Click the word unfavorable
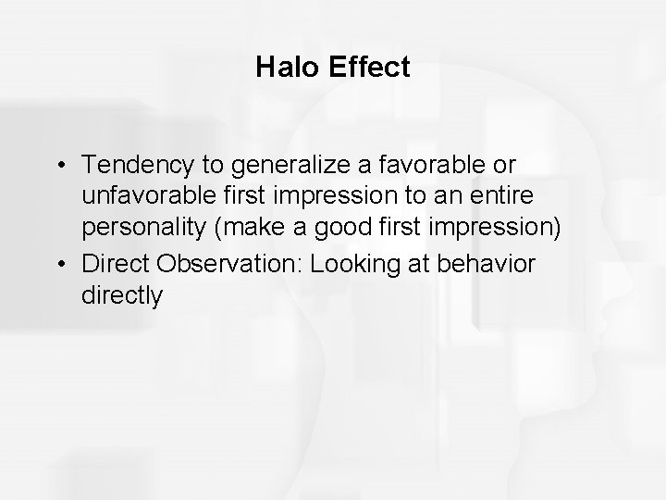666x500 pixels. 139,198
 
